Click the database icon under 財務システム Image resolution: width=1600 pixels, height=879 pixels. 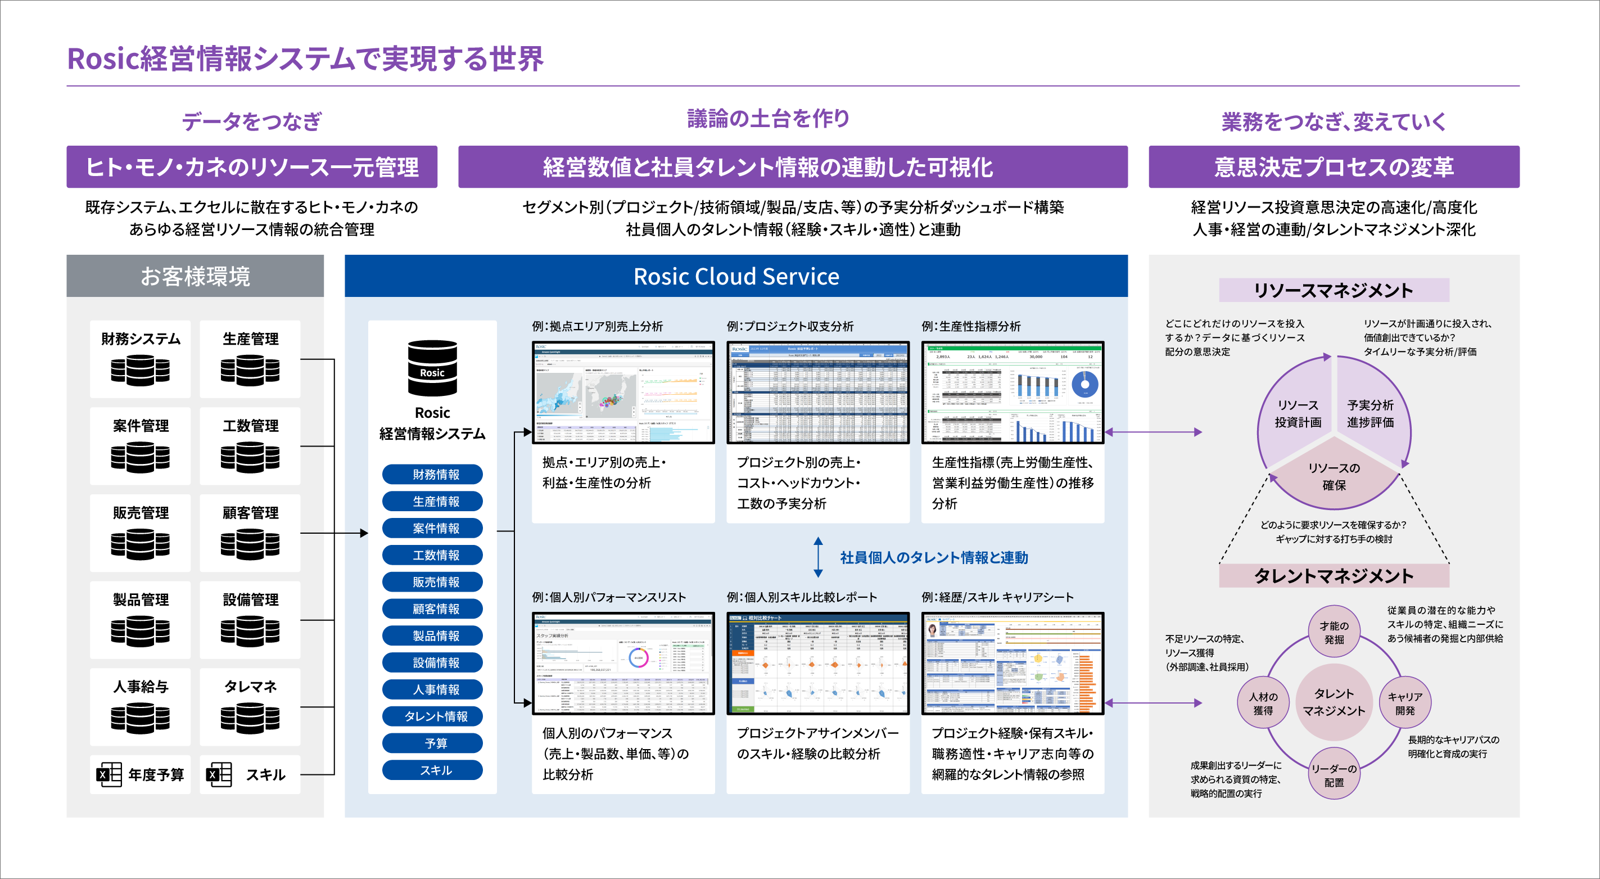tap(141, 370)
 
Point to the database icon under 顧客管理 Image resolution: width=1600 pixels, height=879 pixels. tap(250, 544)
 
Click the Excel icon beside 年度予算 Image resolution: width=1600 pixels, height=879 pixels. tap(109, 774)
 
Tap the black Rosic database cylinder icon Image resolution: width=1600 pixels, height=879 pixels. tap(432, 368)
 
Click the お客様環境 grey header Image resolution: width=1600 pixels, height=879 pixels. tap(195, 276)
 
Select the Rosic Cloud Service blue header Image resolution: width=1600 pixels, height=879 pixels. tap(736, 276)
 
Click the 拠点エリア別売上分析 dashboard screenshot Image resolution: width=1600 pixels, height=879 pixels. tap(623, 393)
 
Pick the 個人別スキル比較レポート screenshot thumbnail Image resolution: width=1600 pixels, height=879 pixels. tap(818, 664)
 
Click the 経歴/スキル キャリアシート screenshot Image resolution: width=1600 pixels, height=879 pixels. tap(1013, 664)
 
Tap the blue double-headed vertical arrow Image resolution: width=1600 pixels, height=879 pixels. tap(818, 557)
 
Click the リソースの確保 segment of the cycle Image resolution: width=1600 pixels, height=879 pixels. tap(1334, 477)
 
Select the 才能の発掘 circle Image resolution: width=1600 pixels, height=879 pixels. tap(1334, 632)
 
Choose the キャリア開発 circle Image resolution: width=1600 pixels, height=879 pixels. tap(1405, 703)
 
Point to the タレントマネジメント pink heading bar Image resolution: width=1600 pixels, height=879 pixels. tap(1334, 576)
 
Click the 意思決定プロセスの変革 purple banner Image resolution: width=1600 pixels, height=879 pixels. tap(1334, 167)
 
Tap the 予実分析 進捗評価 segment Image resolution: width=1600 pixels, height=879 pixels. tap(1370, 413)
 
